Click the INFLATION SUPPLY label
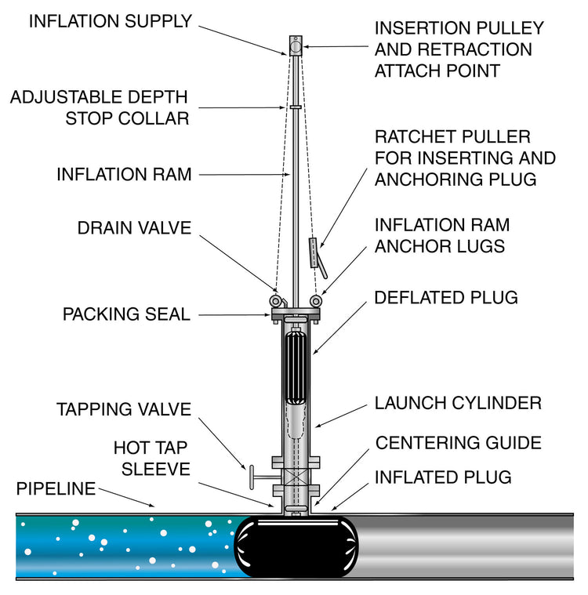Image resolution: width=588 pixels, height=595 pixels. point(110,21)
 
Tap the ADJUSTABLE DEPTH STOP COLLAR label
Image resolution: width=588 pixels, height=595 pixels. point(99,107)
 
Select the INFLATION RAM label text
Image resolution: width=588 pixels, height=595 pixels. point(124,174)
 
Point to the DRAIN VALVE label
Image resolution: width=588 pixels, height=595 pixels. point(134,228)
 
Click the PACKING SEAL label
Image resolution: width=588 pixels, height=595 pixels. point(126,314)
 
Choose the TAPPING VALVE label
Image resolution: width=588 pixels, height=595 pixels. point(124,410)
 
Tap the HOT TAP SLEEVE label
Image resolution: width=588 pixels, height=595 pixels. point(151,458)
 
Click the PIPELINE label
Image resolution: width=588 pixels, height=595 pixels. point(56,489)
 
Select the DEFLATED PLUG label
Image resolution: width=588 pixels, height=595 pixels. point(446,298)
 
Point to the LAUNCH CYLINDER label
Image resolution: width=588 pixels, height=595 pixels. point(458,404)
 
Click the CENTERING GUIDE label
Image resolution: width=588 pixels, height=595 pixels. point(459,443)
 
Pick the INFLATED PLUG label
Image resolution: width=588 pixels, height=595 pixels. point(443,477)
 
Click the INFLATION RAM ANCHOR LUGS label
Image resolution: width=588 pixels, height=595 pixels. point(442,235)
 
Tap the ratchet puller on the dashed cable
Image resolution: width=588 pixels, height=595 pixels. point(314,253)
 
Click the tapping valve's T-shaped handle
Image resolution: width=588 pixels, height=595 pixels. point(253,477)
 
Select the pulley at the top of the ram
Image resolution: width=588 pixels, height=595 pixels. point(296,46)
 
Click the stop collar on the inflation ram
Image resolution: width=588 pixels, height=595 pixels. point(296,107)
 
